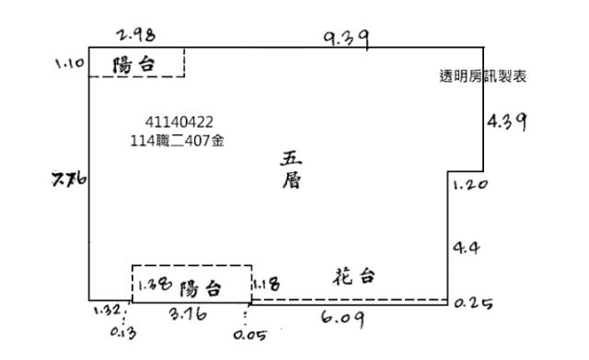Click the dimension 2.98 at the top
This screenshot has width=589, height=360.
tap(136, 36)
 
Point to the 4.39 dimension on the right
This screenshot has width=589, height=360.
tap(505, 122)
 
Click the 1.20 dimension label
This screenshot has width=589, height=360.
tap(470, 184)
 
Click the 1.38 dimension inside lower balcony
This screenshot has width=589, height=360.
tap(152, 285)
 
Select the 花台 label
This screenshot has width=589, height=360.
tap(353, 276)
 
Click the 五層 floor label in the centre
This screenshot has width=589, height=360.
tap(291, 170)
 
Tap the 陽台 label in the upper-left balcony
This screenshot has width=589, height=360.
tap(133, 65)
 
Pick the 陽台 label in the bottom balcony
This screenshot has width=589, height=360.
tap(201, 288)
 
